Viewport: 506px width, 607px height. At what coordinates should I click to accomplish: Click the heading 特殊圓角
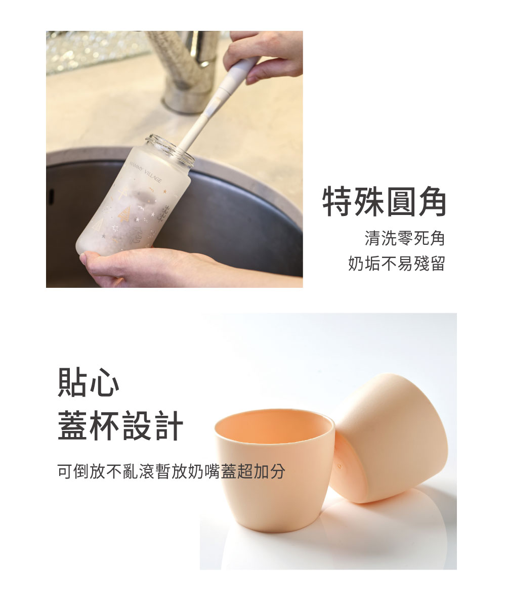384,201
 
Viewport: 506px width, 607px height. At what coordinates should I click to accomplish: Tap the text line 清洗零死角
405,238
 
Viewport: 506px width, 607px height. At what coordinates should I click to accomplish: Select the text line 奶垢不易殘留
397,264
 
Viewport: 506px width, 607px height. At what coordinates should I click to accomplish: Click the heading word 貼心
89,382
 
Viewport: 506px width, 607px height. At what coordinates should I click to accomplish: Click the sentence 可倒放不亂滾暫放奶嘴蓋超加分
171,471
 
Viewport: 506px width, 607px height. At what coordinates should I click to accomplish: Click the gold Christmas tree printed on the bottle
124,214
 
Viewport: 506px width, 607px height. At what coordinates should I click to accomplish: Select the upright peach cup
274,470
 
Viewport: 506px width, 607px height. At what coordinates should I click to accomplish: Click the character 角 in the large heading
431,201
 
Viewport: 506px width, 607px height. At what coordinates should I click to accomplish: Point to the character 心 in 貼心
105,382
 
